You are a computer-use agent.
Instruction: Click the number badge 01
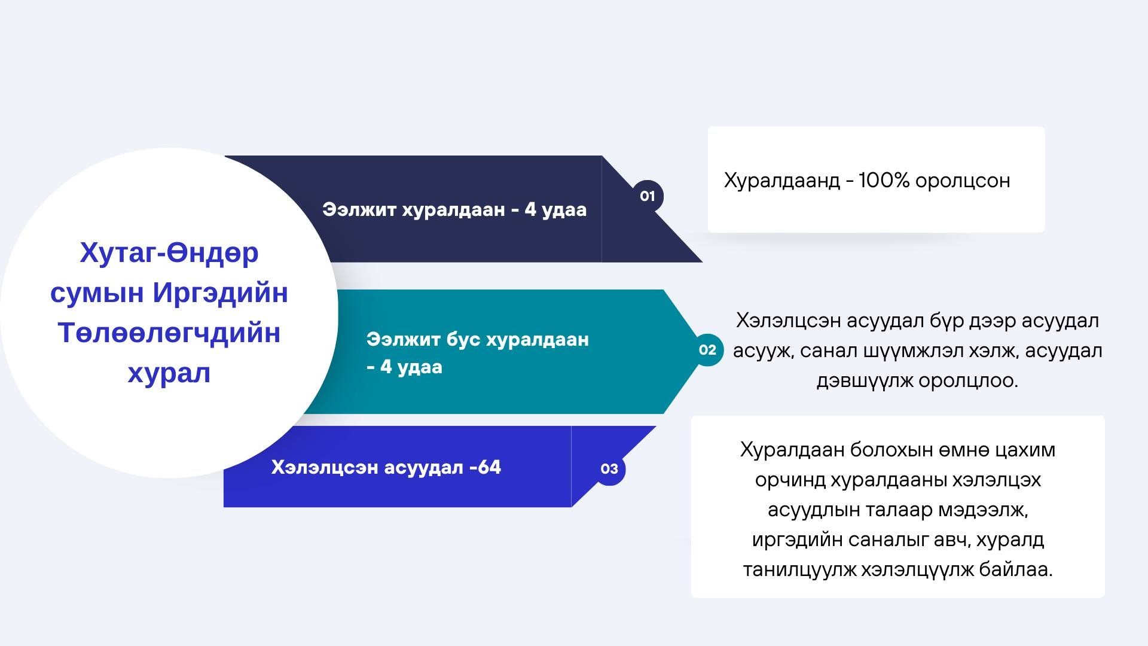pyautogui.click(x=648, y=196)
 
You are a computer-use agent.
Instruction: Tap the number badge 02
pyautogui.click(x=707, y=350)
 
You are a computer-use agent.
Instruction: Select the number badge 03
pyautogui.click(x=609, y=469)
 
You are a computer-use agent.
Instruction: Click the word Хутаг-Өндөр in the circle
pyautogui.click(x=169, y=253)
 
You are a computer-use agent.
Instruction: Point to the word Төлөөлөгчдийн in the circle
pyautogui.click(x=169, y=333)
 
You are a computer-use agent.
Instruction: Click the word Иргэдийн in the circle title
pyautogui.click(x=221, y=293)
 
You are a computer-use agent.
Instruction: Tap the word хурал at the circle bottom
pyautogui.click(x=169, y=373)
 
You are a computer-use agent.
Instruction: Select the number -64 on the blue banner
pyautogui.click(x=486, y=467)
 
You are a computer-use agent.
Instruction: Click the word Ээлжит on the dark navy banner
pyautogui.click(x=359, y=210)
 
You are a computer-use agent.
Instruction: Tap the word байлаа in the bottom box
pyautogui.click(x=1015, y=569)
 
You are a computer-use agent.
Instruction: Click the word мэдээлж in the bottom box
pyautogui.click(x=983, y=510)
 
